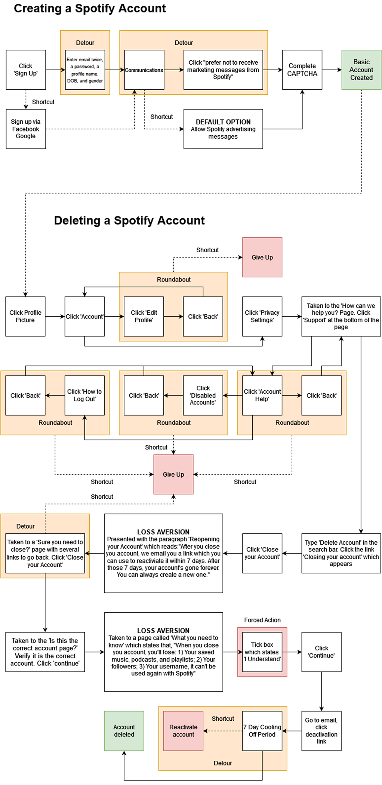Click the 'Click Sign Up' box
tap(26, 70)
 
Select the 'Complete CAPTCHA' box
tap(302, 70)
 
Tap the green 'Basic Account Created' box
tap(361, 70)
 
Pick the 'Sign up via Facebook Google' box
tap(26, 129)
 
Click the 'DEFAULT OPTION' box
tap(223, 129)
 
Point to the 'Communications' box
tap(144, 70)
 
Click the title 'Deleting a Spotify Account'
tap(129, 221)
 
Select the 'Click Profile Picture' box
tap(25, 316)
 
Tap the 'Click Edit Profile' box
tap(144, 316)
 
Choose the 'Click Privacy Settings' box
tap(262, 316)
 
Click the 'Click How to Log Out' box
tap(84, 395)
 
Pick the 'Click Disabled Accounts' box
tap(203, 395)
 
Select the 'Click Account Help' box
tap(262, 395)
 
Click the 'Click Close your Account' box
tap(262, 553)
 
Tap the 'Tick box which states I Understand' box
tap(262, 652)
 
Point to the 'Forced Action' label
tap(262, 620)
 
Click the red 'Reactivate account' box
tap(183, 731)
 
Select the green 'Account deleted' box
tap(124, 731)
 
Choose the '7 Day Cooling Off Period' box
tap(262, 731)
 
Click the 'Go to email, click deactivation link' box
tap(321, 731)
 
